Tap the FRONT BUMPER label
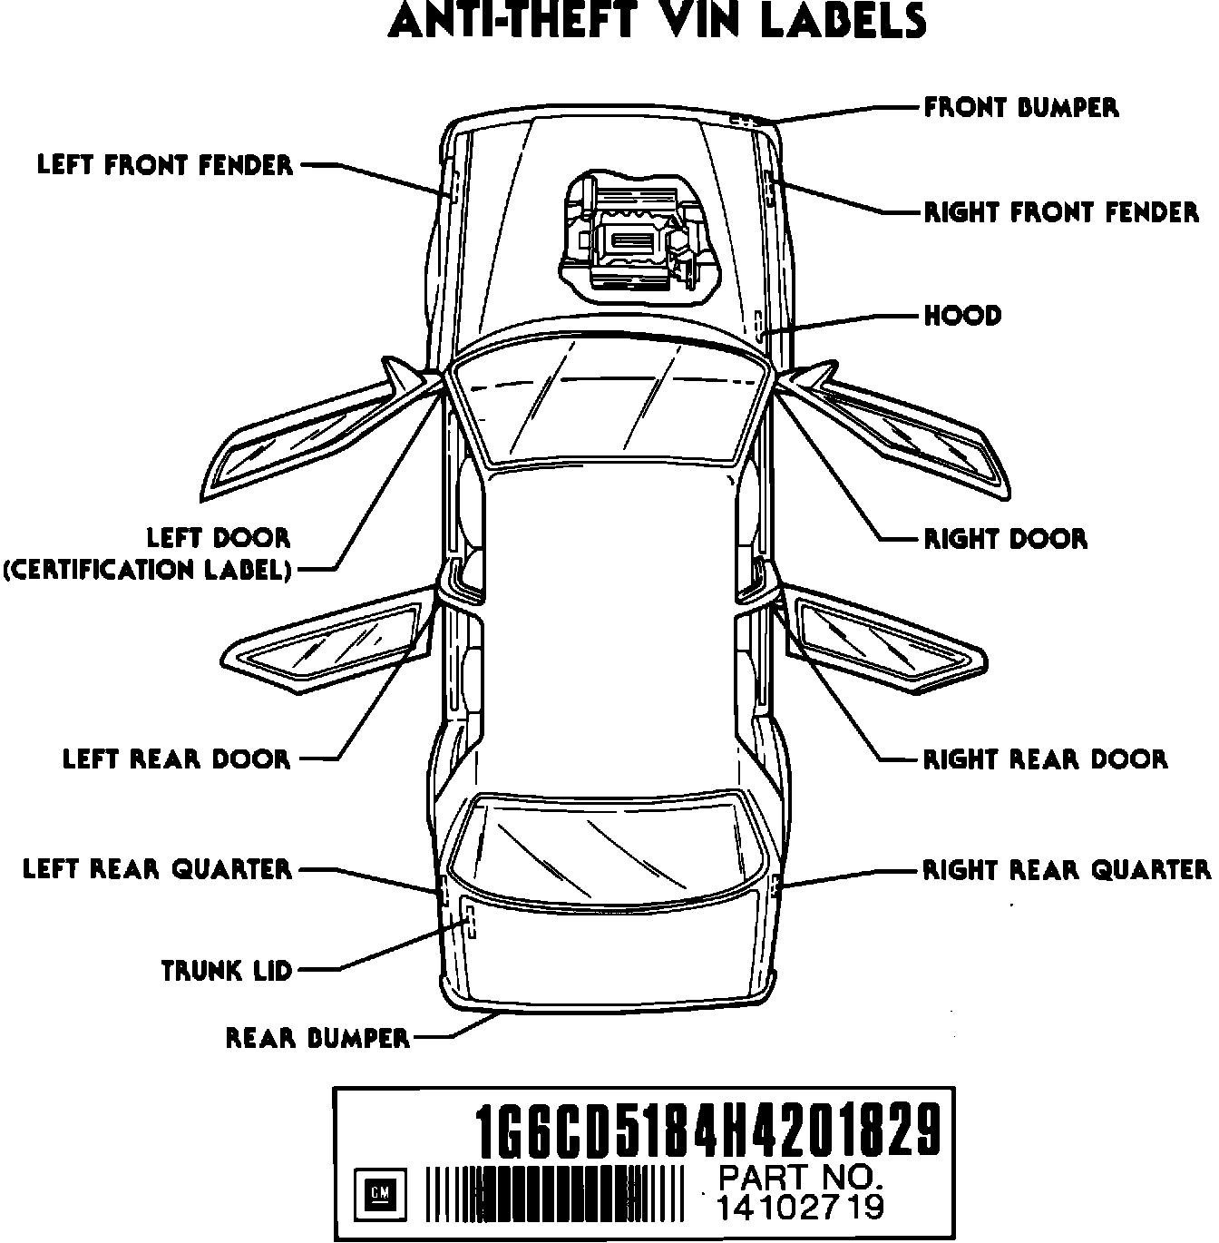(x=1021, y=107)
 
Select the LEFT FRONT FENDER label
(x=165, y=165)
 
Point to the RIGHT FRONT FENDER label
(x=1061, y=212)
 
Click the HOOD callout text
(x=962, y=316)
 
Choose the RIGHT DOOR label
(x=1005, y=539)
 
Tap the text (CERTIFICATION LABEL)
(x=148, y=570)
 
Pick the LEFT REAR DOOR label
(x=176, y=759)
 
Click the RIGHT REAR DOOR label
(x=1045, y=759)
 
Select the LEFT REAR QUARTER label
(x=158, y=869)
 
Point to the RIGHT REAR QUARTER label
(x=1067, y=869)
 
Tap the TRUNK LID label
(x=227, y=971)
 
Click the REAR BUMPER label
(x=317, y=1037)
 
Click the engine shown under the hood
(x=635, y=233)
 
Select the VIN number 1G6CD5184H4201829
(x=709, y=1130)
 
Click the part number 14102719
(x=800, y=1208)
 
